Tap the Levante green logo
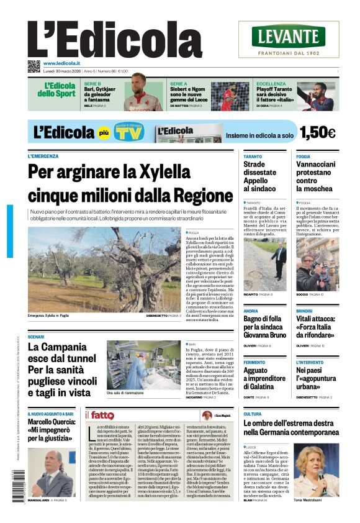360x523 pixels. click(x=288, y=37)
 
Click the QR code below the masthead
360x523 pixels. click(x=34, y=65)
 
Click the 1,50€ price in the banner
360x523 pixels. click(x=317, y=132)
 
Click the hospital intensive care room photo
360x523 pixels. click(x=143, y=364)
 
